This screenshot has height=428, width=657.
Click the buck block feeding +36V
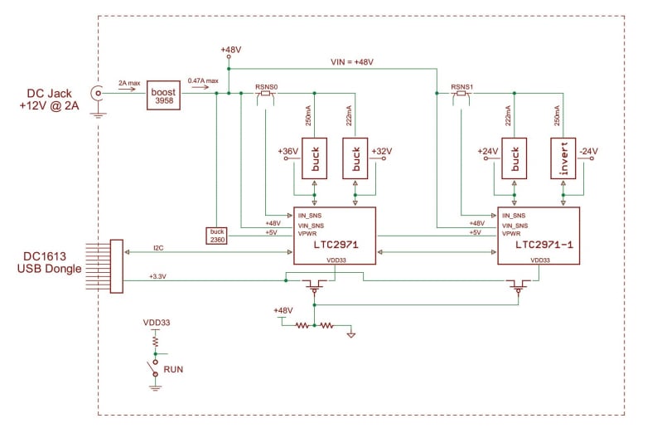314,157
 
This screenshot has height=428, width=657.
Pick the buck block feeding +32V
355,157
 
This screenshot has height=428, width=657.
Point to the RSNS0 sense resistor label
264,85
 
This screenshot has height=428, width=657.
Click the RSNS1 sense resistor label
462,85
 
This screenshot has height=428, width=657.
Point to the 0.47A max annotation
203,80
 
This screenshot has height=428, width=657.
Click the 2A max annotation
128,84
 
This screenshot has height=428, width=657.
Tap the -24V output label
588,151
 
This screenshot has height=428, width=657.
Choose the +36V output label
287,151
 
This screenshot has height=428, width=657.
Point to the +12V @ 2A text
52,106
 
